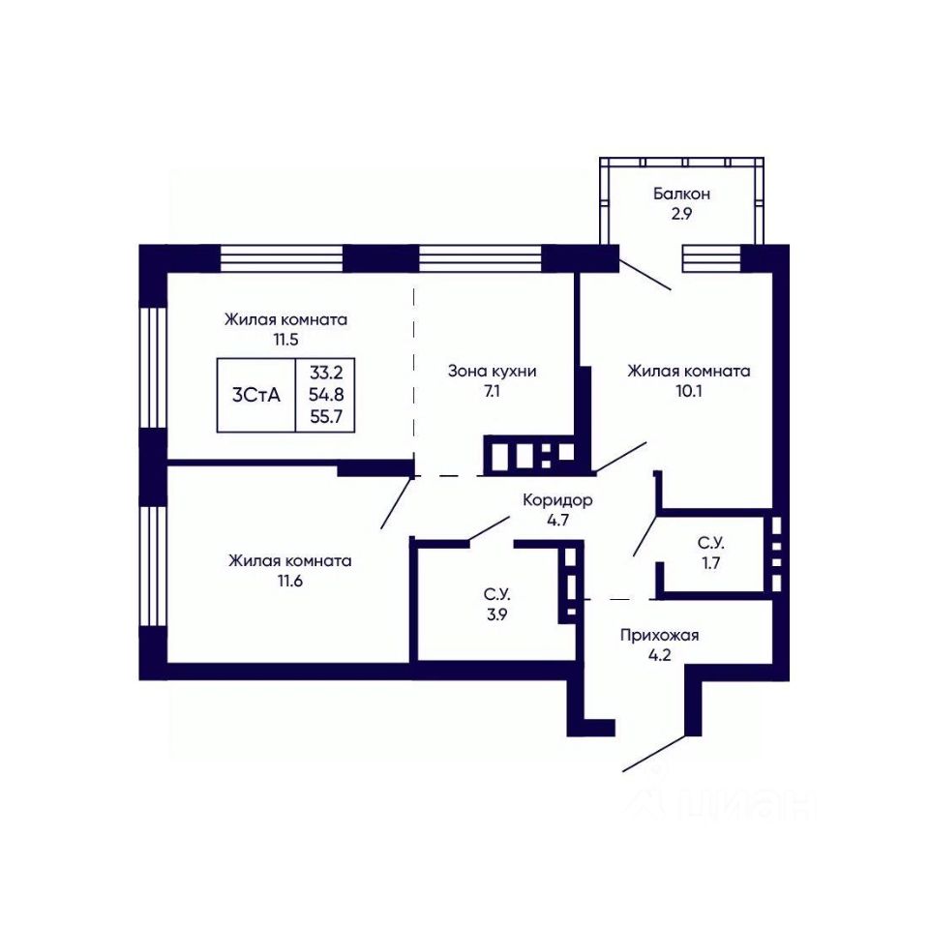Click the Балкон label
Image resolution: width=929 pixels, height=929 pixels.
681,194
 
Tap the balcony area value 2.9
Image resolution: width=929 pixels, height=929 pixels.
681,214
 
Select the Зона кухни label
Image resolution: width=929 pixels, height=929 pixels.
492,372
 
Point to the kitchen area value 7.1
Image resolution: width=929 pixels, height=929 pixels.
492,392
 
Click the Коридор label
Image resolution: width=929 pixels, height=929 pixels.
557,500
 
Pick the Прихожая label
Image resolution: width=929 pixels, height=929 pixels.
659,636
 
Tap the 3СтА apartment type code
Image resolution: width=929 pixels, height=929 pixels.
255,395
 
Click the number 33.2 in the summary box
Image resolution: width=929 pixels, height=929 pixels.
326,374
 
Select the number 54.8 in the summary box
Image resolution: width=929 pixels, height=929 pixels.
326,395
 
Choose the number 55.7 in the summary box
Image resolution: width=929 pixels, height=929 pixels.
326,416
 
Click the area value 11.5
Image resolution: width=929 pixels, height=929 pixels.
285,340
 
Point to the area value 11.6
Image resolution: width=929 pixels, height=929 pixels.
289,582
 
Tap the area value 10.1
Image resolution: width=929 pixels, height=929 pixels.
688,392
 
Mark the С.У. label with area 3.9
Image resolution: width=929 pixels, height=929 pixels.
496,594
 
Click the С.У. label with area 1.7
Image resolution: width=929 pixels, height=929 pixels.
710,543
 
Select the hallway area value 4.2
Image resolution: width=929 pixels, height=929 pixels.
659,656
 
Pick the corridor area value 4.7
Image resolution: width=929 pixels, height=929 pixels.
557,521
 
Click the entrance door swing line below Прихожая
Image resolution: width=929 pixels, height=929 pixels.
656,754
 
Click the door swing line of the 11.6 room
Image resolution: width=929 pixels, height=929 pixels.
397,502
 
